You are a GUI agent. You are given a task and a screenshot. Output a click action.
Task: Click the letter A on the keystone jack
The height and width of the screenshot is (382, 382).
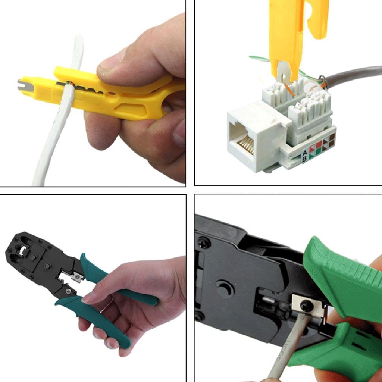[x=304, y=152]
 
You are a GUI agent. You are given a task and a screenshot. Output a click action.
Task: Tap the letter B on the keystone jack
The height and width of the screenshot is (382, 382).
[x=305, y=159]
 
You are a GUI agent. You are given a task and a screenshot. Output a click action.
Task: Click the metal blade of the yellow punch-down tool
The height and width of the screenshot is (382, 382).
[x=284, y=73]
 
